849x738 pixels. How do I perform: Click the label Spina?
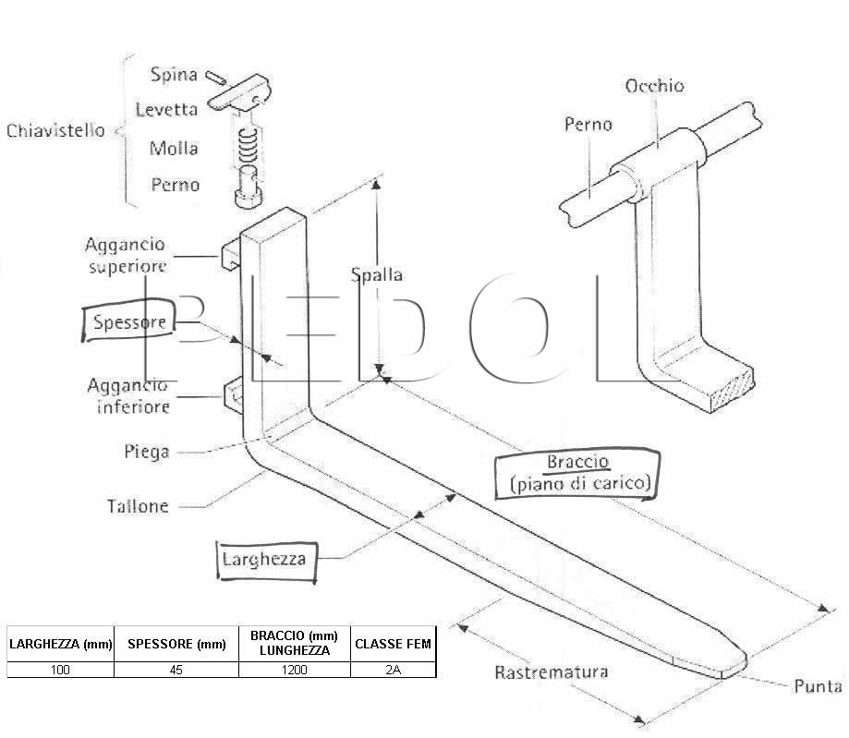pyautogui.click(x=174, y=74)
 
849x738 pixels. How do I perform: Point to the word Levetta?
pyautogui.click(x=166, y=109)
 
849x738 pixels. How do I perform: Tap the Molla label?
pyautogui.click(x=174, y=148)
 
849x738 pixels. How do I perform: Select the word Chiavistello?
pyautogui.click(x=55, y=130)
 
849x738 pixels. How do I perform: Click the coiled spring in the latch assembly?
pyautogui.click(x=248, y=146)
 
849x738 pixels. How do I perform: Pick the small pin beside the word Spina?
pyautogui.click(x=215, y=78)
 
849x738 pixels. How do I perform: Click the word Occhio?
pyautogui.click(x=654, y=86)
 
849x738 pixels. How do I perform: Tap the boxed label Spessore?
pyautogui.click(x=129, y=321)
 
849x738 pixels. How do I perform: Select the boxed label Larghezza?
pyautogui.click(x=266, y=562)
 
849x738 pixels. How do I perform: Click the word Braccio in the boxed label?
pyautogui.click(x=577, y=462)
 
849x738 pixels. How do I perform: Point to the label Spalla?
pyautogui.click(x=377, y=274)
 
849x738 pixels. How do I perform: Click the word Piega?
pyautogui.click(x=147, y=451)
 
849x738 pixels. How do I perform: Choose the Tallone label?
pyautogui.click(x=138, y=506)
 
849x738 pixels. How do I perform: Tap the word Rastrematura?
pyautogui.click(x=552, y=672)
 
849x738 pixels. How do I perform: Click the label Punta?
pyautogui.click(x=818, y=686)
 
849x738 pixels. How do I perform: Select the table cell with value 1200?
pyautogui.click(x=295, y=670)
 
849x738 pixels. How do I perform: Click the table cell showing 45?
pyautogui.click(x=176, y=670)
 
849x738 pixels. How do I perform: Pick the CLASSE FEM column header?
pyautogui.click(x=394, y=644)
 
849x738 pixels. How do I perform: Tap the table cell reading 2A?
pyautogui.click(x=394, y=670)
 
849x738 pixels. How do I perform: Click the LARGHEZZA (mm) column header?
pyautogui.click(x=61, y=644)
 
